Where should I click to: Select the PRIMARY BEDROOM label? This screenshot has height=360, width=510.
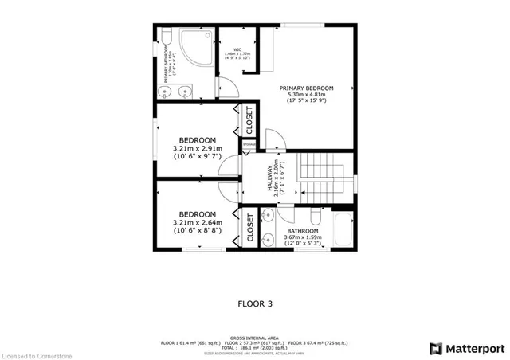pos(306,88)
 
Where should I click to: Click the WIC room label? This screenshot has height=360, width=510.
pos(237,48)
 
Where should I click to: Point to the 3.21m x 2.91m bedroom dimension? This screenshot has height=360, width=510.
pos(198,147)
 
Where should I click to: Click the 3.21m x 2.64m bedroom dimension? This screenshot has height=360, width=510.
pos(198,222)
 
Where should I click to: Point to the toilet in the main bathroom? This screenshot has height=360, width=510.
pos(316,217)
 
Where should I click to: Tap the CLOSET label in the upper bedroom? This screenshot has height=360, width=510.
pos(249,119)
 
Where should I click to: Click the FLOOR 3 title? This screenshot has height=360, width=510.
pos(255,303)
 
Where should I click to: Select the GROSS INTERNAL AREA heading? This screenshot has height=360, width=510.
pos(254,337)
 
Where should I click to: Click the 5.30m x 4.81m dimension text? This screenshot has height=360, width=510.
pos(306,95)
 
